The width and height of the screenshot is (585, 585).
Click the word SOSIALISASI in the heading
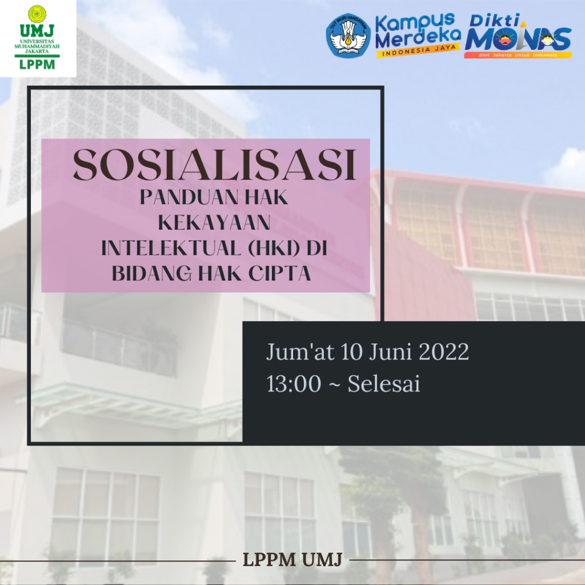pos(214,165)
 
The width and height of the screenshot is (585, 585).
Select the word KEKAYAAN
pos(214,223)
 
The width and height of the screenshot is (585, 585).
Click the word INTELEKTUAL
pos(171,248)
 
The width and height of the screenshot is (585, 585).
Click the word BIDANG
pos(151,274)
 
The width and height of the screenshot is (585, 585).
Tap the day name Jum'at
pos(300,352)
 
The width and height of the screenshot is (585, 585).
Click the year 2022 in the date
pos(443,352)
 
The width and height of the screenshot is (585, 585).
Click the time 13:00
pos(294,384)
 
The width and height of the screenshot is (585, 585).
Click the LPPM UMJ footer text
pos(292,560)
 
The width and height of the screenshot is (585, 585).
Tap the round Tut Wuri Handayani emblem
pos(348,36)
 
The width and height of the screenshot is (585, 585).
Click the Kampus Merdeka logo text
pos(418,31)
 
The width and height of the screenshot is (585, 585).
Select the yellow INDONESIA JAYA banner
pos(418,51)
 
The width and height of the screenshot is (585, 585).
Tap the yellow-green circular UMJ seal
pos(37,14)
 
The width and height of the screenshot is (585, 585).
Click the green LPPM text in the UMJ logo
pos(37,64)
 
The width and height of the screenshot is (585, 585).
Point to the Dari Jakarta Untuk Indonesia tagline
pos(518,55)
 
